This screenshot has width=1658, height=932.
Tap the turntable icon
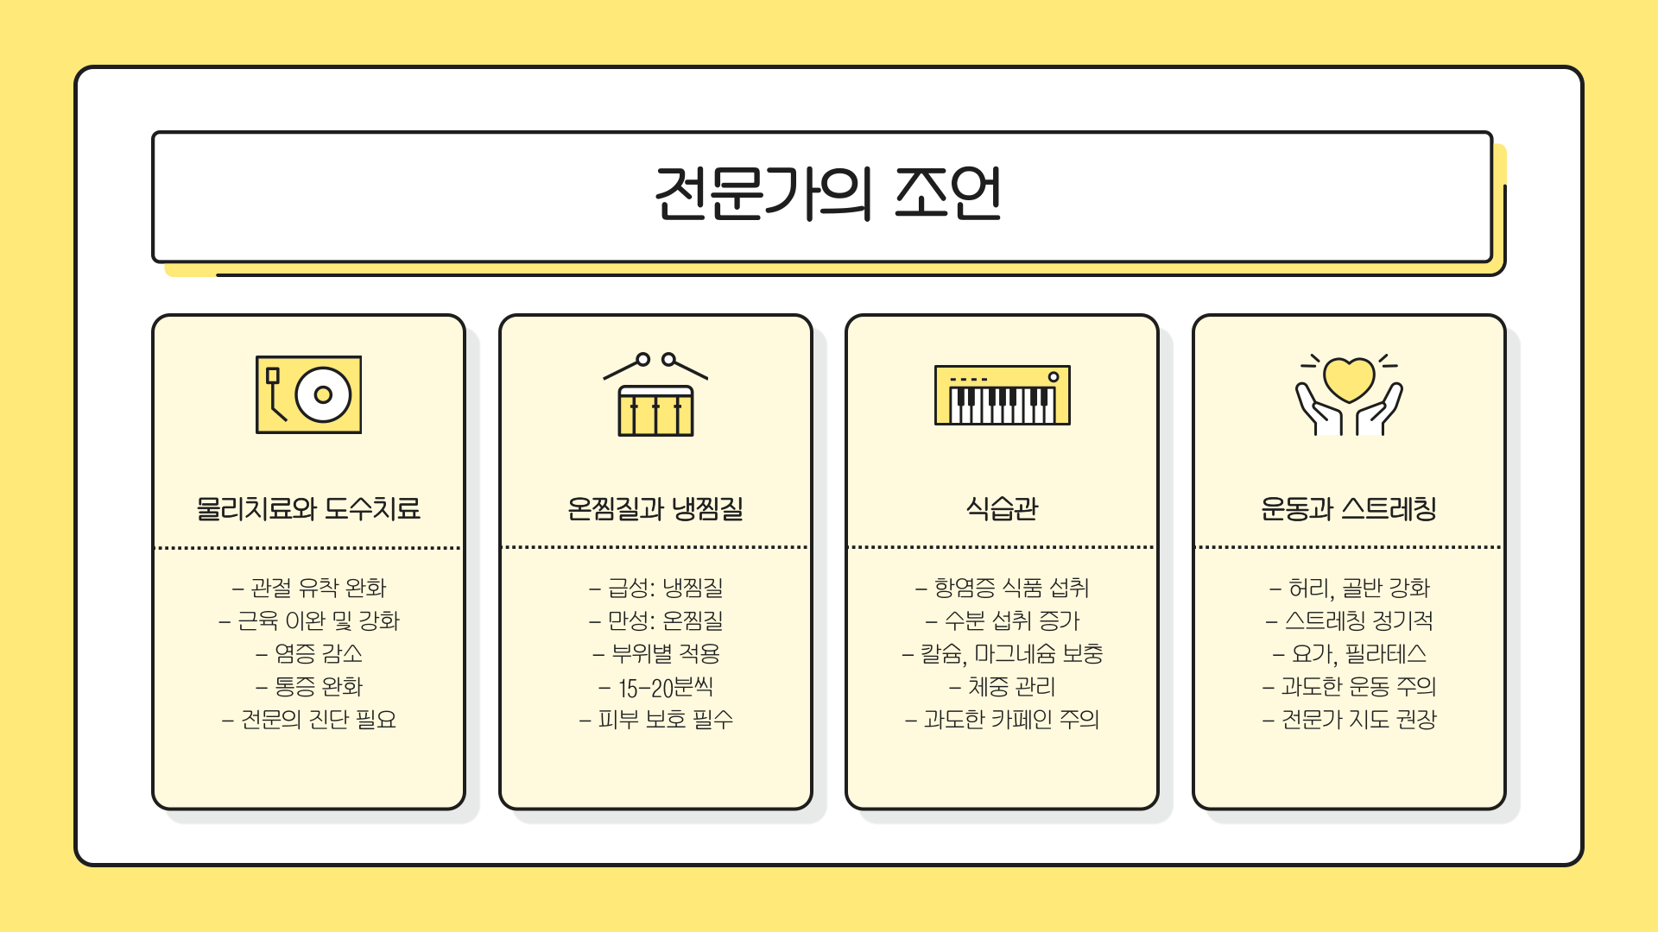tap(308, 394)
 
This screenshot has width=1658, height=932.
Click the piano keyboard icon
tap(1002, 395)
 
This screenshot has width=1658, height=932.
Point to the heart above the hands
tap(1349, 378)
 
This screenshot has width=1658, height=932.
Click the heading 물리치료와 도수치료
tap(308, 508)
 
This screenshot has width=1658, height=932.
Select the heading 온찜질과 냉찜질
tap(655, 508)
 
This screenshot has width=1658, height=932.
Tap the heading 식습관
tap(1002, 508)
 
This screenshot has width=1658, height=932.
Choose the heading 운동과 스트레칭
tap(1349, 508)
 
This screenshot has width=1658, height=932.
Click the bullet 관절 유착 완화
tap(309, 588)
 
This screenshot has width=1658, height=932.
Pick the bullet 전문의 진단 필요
tap(309, 719)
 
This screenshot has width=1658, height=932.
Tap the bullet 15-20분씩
tap(656, 687)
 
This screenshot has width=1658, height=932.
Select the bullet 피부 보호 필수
tap(656, 719)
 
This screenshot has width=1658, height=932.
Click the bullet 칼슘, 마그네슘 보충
tap(1003, 653)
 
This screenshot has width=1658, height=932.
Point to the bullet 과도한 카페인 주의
tap(1003, 719)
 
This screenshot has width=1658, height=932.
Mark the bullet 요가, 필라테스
tap(1350, 653)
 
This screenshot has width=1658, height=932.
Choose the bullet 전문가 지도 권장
tap(1350, 719)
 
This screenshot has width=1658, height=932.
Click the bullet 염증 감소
tap(309, 653)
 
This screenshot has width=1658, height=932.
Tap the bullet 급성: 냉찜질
tap(656, 588)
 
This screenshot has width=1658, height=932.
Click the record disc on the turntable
tap(323, 394)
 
